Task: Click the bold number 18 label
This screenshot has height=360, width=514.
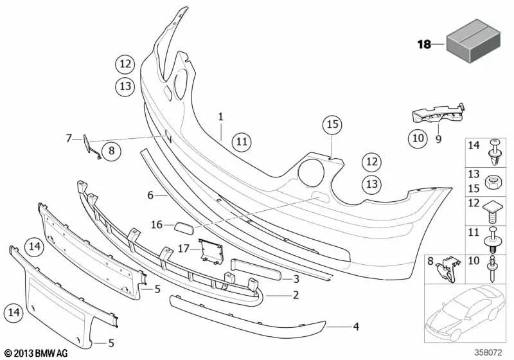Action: pos(424,44)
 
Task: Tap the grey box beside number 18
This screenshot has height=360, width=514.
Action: pos(474,40)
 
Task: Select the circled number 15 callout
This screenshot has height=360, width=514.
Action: pos(332,125)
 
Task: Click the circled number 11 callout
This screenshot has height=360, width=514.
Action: pos(242,142)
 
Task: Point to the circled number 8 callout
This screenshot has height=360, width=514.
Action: pos(111,151)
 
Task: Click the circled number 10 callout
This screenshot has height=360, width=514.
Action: pos(418,138)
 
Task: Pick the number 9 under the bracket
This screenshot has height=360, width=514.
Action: pos(439,139)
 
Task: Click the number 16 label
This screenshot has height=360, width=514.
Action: pos(157,225)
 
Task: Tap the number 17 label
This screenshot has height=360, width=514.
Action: pos(184,249)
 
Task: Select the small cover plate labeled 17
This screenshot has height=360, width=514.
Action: pos(211,252)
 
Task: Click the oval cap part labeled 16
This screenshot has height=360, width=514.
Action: pos(184,227)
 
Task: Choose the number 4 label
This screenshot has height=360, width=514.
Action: pos(356,327)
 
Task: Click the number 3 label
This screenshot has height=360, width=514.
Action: pos(296,279)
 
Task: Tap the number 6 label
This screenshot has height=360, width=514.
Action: pos(150,195)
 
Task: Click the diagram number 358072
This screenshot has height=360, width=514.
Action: pos(488,353)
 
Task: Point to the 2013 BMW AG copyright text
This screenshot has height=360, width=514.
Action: pos(37,353)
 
